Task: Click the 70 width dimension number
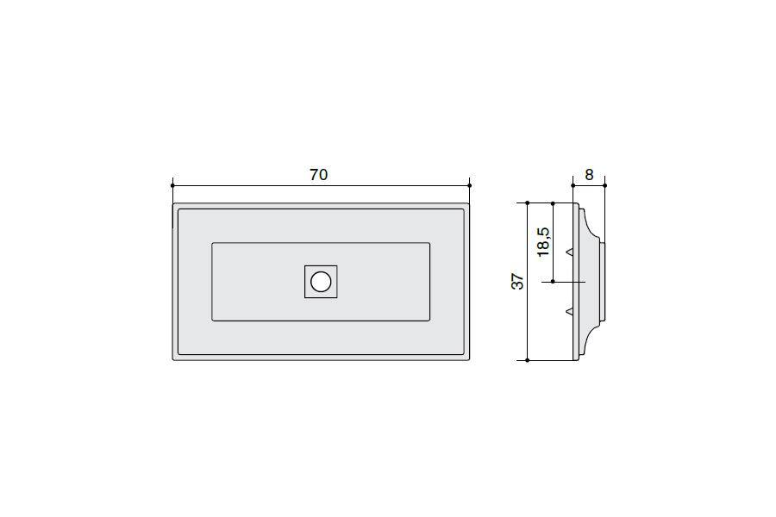point(319,175)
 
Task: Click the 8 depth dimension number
point(589,175)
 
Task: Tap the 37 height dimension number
point(517,281)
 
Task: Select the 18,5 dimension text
point(543,242)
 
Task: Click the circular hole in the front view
point(321,282)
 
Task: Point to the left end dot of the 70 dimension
point(172,185)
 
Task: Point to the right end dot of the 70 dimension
point(469,185)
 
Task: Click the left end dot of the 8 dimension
point(573,185)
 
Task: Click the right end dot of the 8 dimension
point(604,185)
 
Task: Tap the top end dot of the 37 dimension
point(528,202)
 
